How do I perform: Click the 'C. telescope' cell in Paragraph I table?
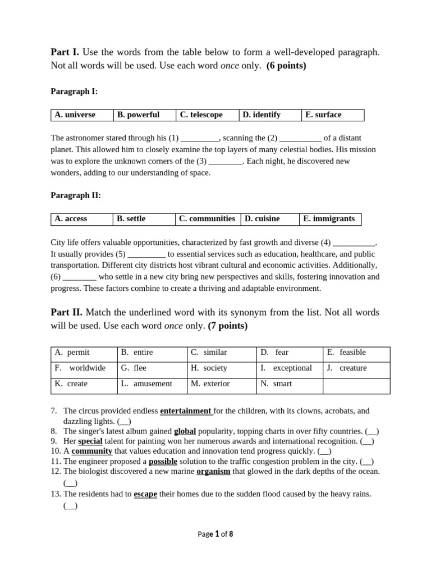click(x=207, y=115)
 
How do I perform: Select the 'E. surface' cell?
click(x=332, y=115)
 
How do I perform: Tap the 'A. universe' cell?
click(x=81, y=115)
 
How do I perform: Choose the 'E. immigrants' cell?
click(x=330, y=219)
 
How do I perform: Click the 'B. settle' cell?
click(x=144, y=219)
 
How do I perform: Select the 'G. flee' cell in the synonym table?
click(x=152, y=368)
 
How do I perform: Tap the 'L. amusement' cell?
click(x=152, y=384)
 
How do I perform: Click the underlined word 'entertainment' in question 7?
click(x=186, y=411)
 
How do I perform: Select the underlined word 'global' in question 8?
click(x=185, y=431)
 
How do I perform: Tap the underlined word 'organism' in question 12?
click(x=213, y=472)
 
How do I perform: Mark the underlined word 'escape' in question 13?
click(x=145, y=494)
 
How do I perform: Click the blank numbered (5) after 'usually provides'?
click(x=146, y=254)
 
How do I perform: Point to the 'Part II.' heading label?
click(x=67, y=312)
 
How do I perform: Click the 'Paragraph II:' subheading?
click(x=76, y=195)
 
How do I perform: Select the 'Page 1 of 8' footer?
click(x=215, y=535)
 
